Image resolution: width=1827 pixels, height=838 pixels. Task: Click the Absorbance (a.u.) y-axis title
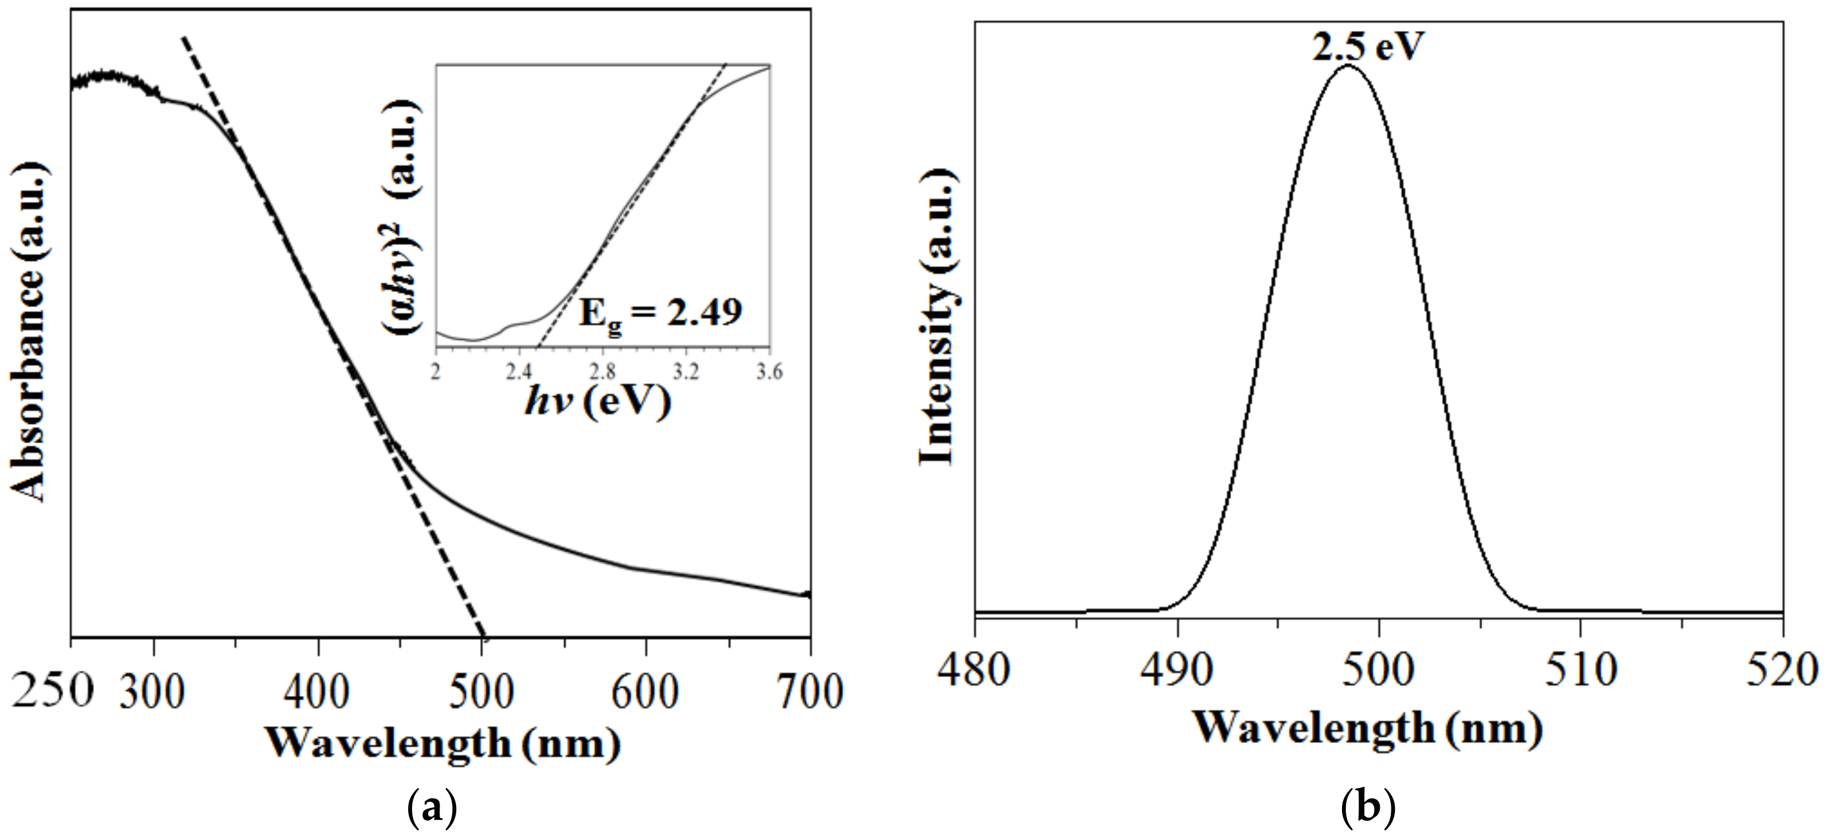click(x=29, y=332)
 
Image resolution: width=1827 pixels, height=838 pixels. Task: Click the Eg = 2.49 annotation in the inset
click(x=659, y=312)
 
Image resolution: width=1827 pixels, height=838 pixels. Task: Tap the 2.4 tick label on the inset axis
click(x=519, y=372)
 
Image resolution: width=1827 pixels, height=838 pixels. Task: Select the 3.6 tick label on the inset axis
click(x=769, y=372)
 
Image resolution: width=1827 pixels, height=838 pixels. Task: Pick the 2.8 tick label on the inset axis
click(x=602, y=372)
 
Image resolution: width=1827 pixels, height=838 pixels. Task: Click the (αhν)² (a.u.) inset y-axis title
click(x=402, y=217)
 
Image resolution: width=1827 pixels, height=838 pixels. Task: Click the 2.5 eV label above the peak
click(x=1367, y=47)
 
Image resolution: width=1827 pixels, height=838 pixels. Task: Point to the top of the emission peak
click(x=1347, y=66)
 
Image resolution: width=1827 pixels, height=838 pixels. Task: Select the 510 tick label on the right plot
click(x=1581, y=668)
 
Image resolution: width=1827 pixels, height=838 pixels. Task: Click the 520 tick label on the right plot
click(x=1781, y=668)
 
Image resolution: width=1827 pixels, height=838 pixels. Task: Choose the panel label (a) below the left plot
click(x=432, y=807)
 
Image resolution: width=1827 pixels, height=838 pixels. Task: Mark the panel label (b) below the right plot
click(x=1368, y=807)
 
